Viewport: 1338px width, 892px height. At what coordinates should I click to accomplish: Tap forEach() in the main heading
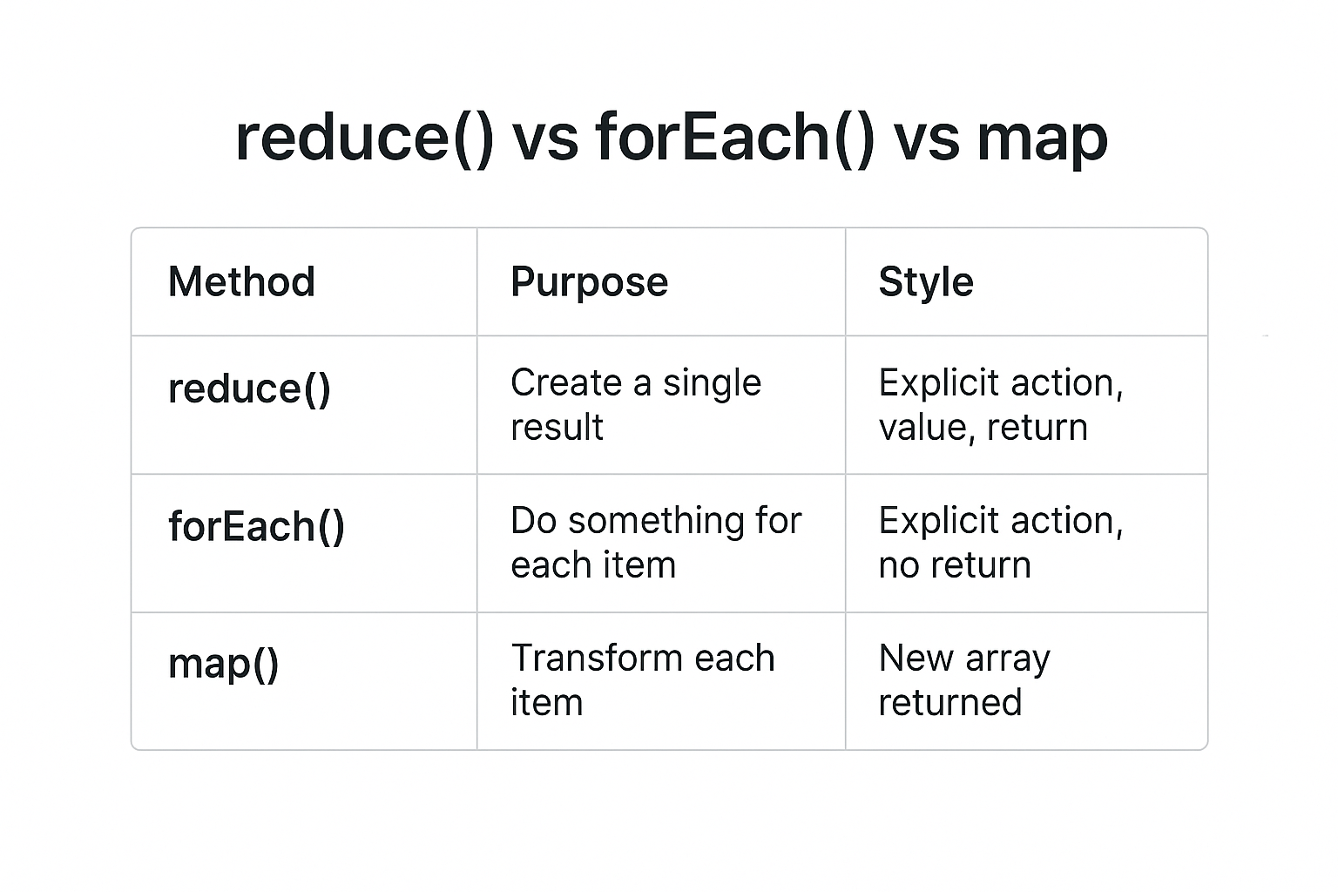pos(734,139)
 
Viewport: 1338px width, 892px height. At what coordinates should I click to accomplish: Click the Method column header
pos(241,282)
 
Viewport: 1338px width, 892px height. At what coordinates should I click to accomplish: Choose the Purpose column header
pos(589,282)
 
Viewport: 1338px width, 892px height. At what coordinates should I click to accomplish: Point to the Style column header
pos(925,282)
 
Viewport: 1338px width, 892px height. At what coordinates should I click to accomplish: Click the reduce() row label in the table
pos(249,389)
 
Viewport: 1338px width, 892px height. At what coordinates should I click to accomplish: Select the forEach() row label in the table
pos(256,526)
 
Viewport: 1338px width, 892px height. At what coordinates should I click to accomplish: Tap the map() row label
pos(223,664)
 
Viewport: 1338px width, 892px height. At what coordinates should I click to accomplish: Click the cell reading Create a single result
pos(635,405)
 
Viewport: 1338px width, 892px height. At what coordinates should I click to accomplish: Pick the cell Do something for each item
pos(655,543)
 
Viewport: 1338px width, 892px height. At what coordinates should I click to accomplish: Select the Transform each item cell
pos(642,680)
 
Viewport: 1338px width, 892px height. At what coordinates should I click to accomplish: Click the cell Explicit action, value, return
pos(1000,405)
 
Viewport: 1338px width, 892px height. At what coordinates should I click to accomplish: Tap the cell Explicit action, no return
pos(1000,543)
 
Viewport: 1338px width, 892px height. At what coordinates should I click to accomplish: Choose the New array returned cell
pos(963,680)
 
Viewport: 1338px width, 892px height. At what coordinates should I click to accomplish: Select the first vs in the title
pos(544,139)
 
